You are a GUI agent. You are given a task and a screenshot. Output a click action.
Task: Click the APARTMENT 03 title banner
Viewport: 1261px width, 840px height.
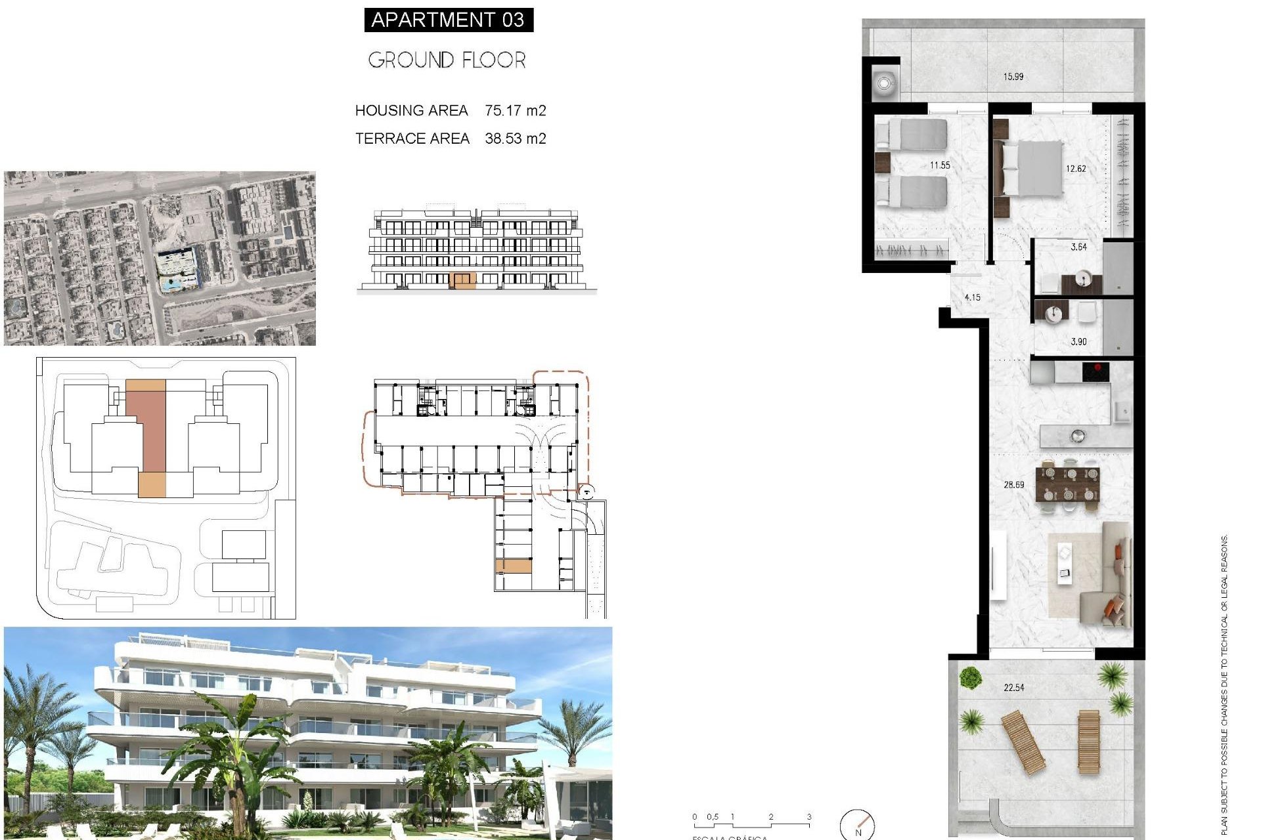[449, 20]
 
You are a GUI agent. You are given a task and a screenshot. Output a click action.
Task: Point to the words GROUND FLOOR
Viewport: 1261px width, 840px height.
[447, 60]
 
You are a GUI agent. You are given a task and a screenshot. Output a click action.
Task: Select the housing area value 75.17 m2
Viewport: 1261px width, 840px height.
[516, 110]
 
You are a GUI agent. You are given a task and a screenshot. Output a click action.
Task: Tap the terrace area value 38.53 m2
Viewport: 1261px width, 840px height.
[516, 138]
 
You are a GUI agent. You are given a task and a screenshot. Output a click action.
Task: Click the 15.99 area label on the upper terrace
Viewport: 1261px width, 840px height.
[1013, 77]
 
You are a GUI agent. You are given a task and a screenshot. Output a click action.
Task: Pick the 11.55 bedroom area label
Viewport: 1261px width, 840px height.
[940, 165]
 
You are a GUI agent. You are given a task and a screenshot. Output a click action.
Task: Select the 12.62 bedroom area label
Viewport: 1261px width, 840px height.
[1076, 169]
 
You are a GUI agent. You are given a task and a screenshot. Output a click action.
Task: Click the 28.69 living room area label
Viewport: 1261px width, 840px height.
[1013, 485]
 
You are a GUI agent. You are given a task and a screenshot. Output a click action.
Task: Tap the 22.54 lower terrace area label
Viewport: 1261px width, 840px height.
[1013, 688]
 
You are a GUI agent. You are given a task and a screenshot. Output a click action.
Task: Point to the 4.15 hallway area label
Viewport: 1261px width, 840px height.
[972, 297]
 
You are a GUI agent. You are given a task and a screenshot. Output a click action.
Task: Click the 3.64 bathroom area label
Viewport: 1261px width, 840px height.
[1078, 247]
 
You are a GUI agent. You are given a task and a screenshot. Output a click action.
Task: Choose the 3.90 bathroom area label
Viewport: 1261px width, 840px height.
[1078, 342]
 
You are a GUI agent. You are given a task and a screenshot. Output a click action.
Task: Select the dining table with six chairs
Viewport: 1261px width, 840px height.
[1067, 484]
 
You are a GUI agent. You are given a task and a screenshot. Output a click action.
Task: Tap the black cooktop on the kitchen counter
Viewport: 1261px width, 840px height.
[1095, 372]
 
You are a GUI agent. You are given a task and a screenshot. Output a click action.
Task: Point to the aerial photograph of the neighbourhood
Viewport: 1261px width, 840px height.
[160, 258]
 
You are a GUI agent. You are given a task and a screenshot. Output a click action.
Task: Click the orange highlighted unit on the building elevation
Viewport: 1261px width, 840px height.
[462, 281]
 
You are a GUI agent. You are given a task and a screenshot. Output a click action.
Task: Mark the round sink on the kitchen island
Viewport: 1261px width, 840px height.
[1077, 435]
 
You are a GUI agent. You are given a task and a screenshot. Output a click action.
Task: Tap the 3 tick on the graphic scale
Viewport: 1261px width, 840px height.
[809, 818]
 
